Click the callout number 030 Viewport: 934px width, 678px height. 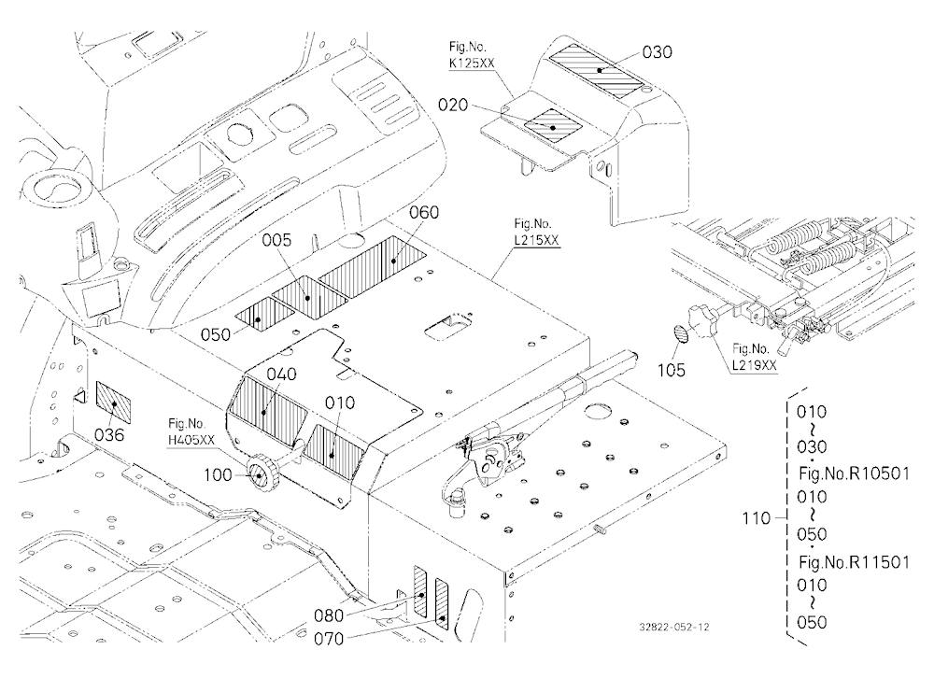[657, 52]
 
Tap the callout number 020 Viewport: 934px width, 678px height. [453, 106]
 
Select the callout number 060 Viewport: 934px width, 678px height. [424, 213]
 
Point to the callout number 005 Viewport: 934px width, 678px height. [277, 240]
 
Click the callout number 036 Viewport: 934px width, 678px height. [109, 435]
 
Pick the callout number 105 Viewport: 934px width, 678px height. [672, 371]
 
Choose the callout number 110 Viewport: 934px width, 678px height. [756, 519]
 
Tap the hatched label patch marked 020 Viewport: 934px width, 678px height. [553, 125]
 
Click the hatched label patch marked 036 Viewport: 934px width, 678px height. [113, 400]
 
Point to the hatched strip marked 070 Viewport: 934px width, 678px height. [442, 603]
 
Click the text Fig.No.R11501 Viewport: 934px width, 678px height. [855, 562]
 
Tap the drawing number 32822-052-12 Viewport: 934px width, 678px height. [674, 627]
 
